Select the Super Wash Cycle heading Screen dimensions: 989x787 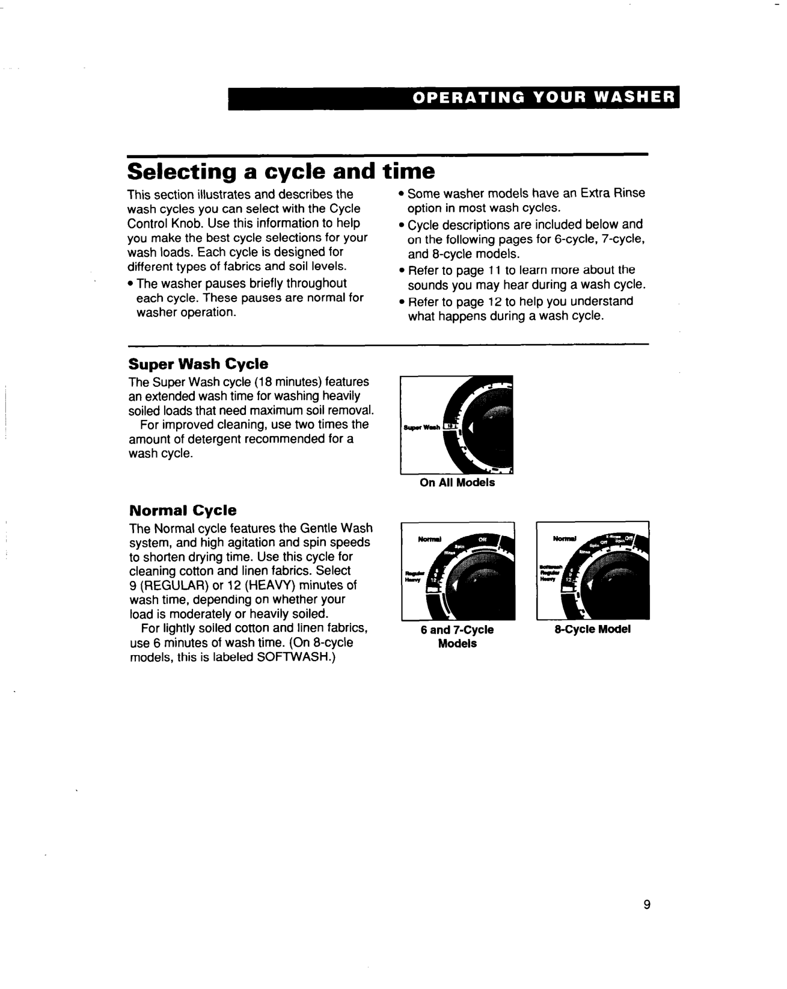tap(198, 364)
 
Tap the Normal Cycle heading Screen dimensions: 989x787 tap(183, 511)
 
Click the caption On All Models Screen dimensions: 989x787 tap(457, 482)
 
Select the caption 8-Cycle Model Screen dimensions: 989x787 tap(592, 629)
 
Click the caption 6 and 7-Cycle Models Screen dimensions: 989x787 tap(457, 636)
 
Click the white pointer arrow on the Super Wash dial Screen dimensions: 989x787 tap(471, 428)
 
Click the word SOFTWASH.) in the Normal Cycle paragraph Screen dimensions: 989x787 tap(296, 658)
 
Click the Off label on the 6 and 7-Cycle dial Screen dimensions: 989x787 tap(482, 540)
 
